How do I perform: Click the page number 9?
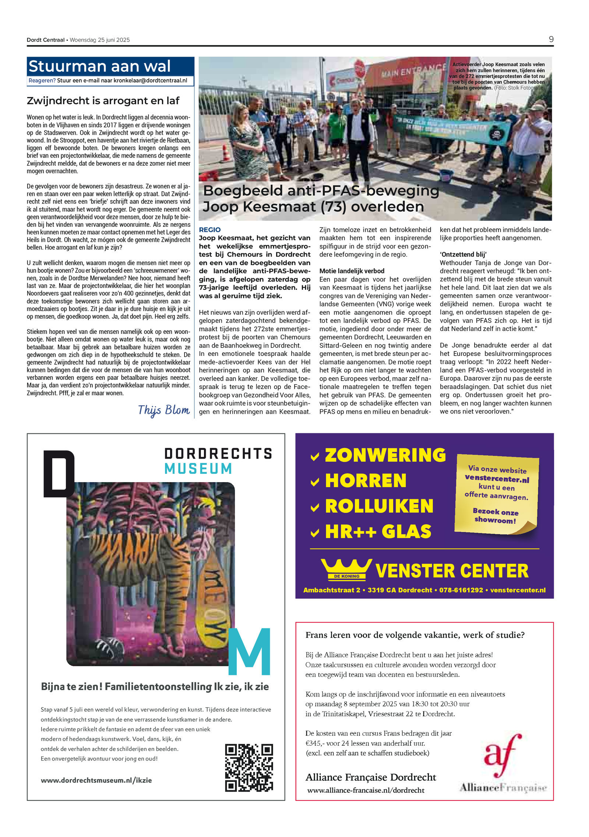pyautogui.click(x=551, y=39)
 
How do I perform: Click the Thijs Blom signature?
pyautogui.click(x=164, y=410)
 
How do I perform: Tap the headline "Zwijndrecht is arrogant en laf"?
pyautogui.click(x=103, y=100)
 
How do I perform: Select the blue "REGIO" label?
pyautogui.click(x=209, y=230)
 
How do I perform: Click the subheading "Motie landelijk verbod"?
pyautogui.click(x=352, y=271)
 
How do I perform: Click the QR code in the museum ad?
pyautogui.click(x=249, y=767)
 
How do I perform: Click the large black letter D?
pyautogui.click(x=59, y=473)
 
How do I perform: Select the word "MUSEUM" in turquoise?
pyautogui.click(x=198, y=469)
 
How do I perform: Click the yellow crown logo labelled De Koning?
pyautogui.click(x=346, y=569)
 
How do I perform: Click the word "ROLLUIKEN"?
pyautogui.click(x=379, y=506)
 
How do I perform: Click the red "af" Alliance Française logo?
pyautogui.click(x=502, y=755)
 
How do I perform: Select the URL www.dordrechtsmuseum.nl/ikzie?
pyautogui.click(x=96, y=780)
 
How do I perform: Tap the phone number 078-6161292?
pyautogui.click(x=461, y=590)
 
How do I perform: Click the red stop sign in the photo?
pyautogui.click(x=360, y=67)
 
